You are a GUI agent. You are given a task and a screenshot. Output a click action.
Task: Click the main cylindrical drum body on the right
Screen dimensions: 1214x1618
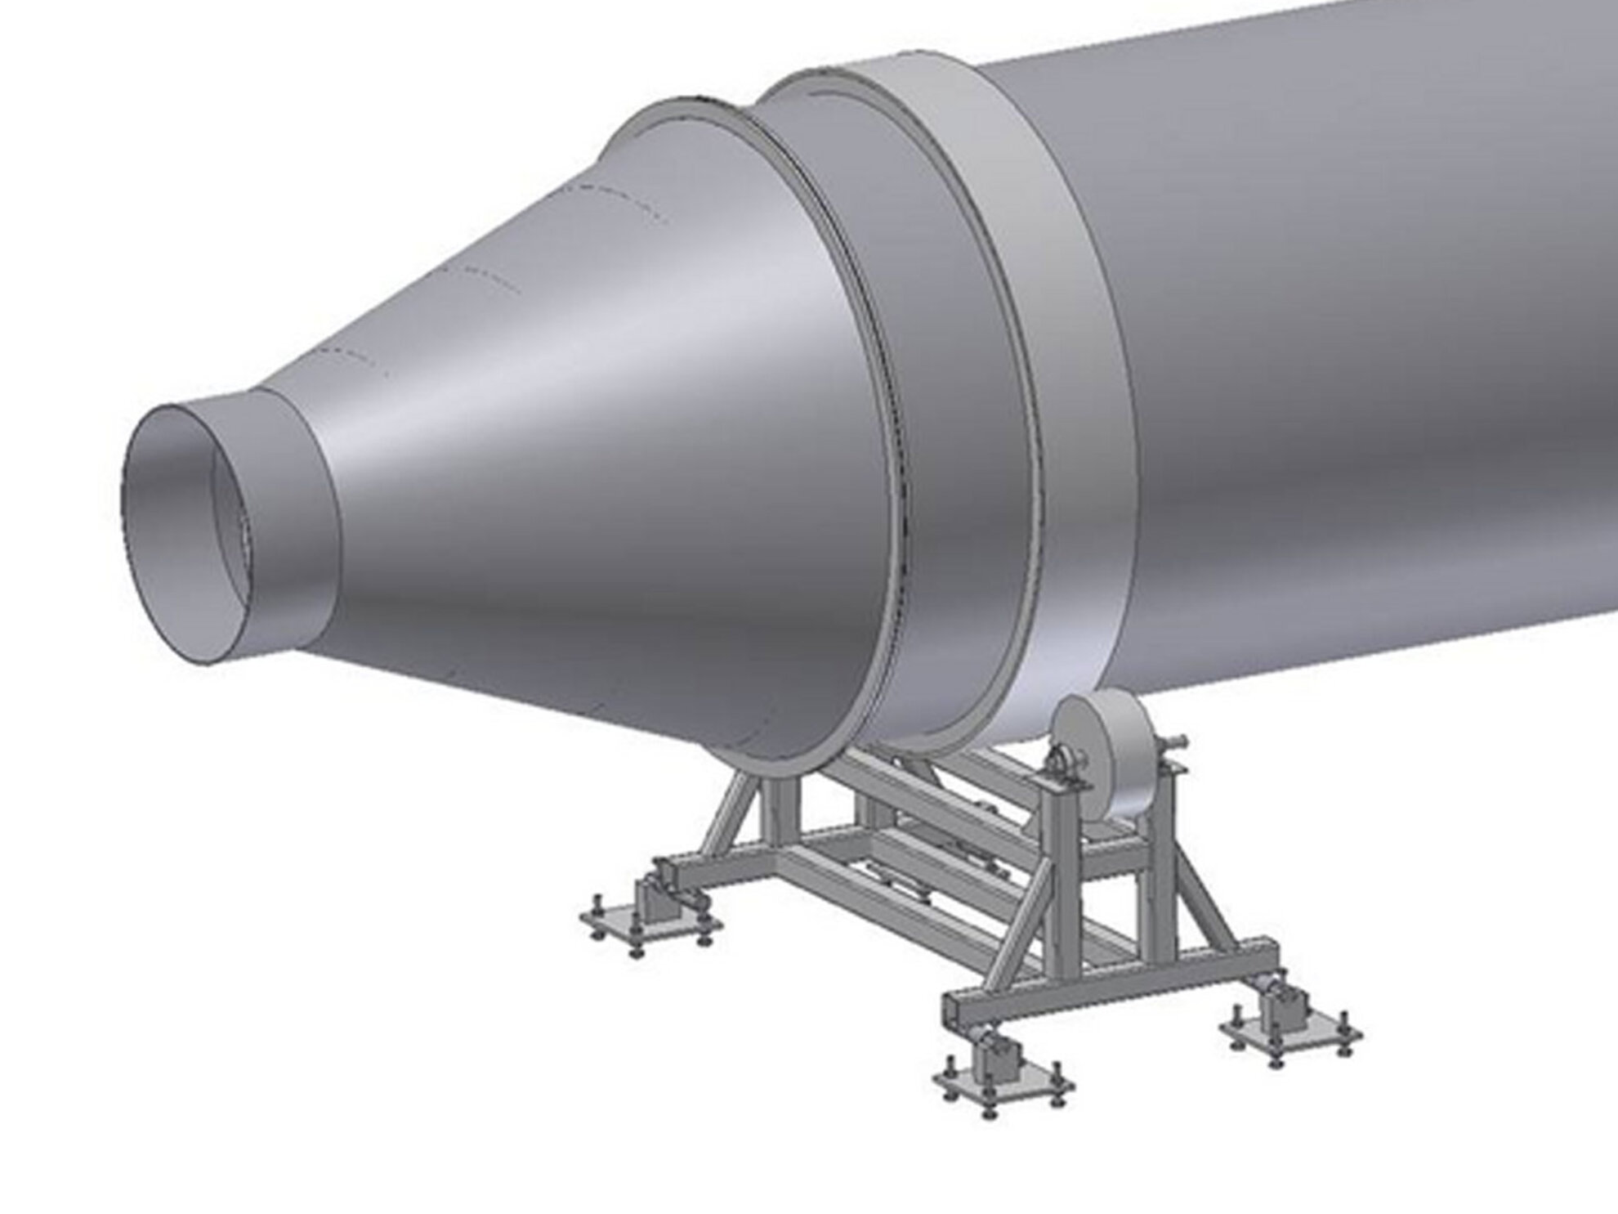pyautogui.click(x=1348, y=368)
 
